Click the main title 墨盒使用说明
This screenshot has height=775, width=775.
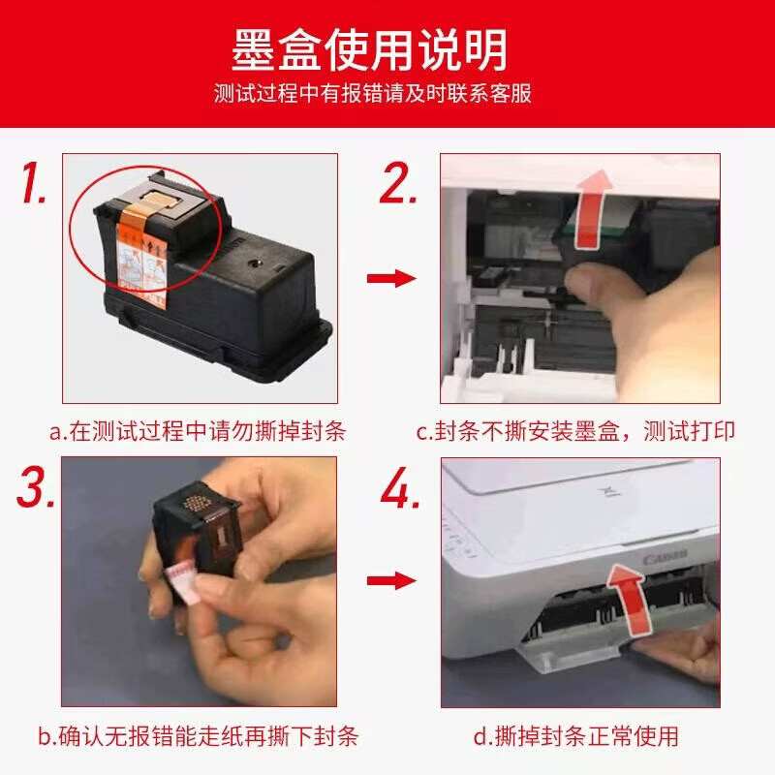pyautogui.click(x=369, y=49)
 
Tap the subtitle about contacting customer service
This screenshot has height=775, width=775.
pyautogui.click(x=373, y=93)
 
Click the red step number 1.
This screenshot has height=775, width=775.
pyautogui.click(x=33, y=183)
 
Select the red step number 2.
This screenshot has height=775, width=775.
pyautogui.click(x=397, y=183)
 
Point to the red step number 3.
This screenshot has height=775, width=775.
pyautogui.click(x=36, y=487)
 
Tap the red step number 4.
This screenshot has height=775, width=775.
pyautogui.click(x=400, y=487)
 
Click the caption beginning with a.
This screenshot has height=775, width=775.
pyautogui.click(x=198, y=431)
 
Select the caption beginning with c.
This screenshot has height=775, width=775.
pyautogui.click(x=575, y=431)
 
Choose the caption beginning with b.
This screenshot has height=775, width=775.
pyautogui.click(x=198, y=736)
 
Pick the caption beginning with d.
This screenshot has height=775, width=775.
pyautogui.click(x=575, y=736)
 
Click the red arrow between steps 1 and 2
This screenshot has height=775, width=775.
pyautogui.click(x=391, y=278)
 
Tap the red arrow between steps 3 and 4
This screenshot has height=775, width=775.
pyautogui.click(x=391, y=580)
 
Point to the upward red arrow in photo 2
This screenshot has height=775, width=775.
pyautogui.click(x=592, y=210)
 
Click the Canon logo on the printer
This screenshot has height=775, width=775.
pyautogui.click(x=666, y=557)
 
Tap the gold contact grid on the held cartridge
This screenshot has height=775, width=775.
pyautogui.click(x=197, y=503)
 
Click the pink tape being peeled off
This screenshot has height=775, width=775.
pyautogui.click(x=183, y=583)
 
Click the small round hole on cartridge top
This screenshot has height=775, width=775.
pyautogui.click(x=255, y=263)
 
